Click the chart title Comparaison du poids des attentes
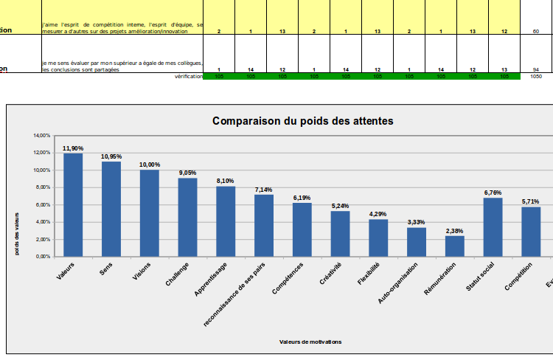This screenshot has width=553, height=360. tap(302, 120)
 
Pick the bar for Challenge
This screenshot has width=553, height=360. tap(188, 217)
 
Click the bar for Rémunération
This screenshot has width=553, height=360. tap(455, 246)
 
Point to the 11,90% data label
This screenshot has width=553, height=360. tap(73, 148)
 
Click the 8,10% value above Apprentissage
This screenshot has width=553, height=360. tap(226, 181)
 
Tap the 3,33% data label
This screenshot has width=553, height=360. tap(417, 222)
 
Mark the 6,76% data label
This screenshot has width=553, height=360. tap(493, 193)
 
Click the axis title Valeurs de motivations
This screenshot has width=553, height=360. tap(310, 341)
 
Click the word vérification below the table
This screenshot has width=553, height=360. tap(189, 76)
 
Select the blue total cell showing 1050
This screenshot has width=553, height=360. tap(536, 76)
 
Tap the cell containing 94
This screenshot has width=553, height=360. tap(536, 69)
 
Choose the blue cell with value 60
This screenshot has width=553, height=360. tap(536, 32)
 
